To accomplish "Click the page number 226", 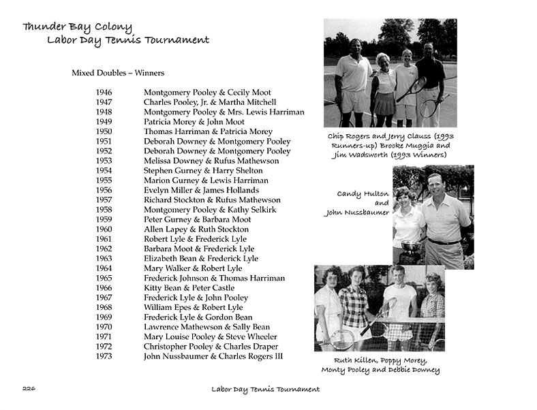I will coord(29,389).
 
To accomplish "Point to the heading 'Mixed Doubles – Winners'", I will coord(118,73).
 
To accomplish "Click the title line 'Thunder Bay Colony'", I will coord(77,27).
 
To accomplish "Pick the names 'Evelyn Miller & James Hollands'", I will coord(201,190).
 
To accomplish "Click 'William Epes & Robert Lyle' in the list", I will coord(193,307).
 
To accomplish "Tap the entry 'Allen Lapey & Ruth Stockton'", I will coord(196,230).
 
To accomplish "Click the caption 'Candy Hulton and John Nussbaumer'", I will coord(356,203).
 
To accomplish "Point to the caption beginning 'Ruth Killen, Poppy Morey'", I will coord(380,365).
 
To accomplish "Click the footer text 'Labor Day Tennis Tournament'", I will coord(265,390).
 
